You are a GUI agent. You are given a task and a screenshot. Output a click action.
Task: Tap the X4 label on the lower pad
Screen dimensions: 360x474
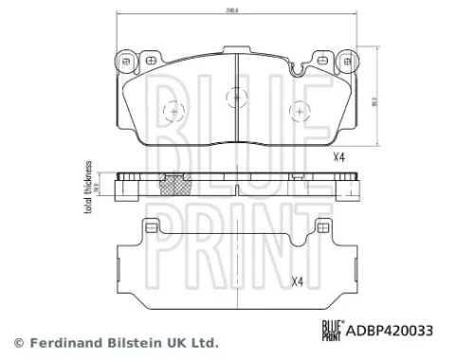click(297, 280)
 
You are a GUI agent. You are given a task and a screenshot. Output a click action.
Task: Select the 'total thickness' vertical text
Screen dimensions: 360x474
click(88, 189)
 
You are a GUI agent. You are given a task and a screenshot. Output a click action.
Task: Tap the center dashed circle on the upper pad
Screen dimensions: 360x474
click(234, 97)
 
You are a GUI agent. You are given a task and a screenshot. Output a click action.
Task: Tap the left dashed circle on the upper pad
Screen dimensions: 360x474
click(173, 113)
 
